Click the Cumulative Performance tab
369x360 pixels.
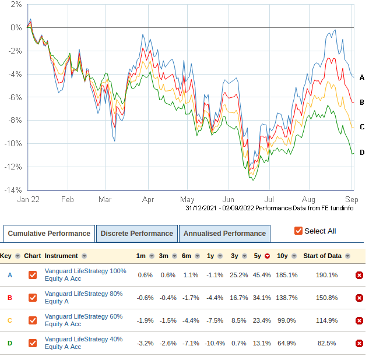(x=49, y=234)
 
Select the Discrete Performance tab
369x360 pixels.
(x=136, y=234)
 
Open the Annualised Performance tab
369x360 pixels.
(x=224, y=234)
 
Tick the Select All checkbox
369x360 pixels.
(x=298, y=231)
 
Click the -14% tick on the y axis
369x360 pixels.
(x=15, y=190)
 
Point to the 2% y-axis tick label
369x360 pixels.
(x=16, y=4)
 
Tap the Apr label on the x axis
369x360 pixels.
(x=147, y=199)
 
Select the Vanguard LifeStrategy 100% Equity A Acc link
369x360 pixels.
(x=85, y=275)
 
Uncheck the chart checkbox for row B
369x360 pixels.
(x=33, y=298)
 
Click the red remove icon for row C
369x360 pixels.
(x=359, y=320)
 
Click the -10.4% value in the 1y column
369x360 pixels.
(x=215, y=343)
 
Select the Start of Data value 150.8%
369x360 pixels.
(x=327, y=298)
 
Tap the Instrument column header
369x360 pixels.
(x=62, y=256)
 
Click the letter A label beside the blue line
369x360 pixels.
(x=361, y=77)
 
